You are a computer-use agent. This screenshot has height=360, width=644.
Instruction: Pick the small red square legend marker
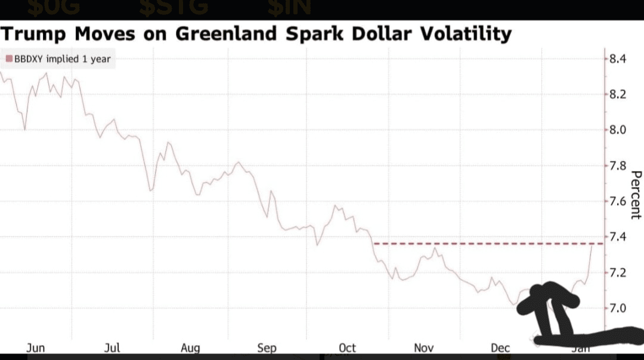point(9,59)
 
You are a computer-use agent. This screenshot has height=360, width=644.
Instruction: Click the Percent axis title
point(636,195)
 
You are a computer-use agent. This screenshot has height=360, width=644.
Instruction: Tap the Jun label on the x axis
point(35,348)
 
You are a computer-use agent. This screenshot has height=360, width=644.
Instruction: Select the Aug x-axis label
point(190,348)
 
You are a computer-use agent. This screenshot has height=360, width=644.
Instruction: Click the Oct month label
point(347,348)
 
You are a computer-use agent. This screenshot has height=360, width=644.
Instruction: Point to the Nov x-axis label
point(423,348)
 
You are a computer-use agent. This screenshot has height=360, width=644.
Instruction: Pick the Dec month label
point(500,348)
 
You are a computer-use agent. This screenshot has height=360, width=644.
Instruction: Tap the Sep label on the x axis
point(267,348)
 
